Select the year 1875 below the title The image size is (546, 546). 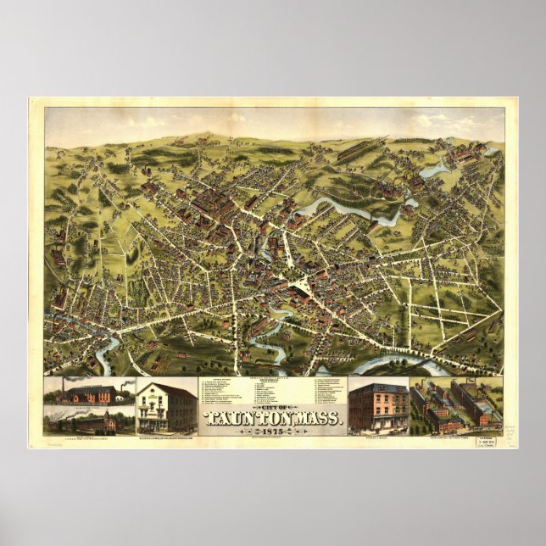[x=274, y=430]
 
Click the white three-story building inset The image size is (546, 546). [x=166, y=406]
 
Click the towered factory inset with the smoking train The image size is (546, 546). [x=90, y=420]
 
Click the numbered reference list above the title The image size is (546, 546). [x=273, y=390]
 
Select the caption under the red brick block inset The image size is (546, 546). [x=378, y=437]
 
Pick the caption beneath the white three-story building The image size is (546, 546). [x=166, y=437]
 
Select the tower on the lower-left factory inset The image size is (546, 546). [x=109, y=415]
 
